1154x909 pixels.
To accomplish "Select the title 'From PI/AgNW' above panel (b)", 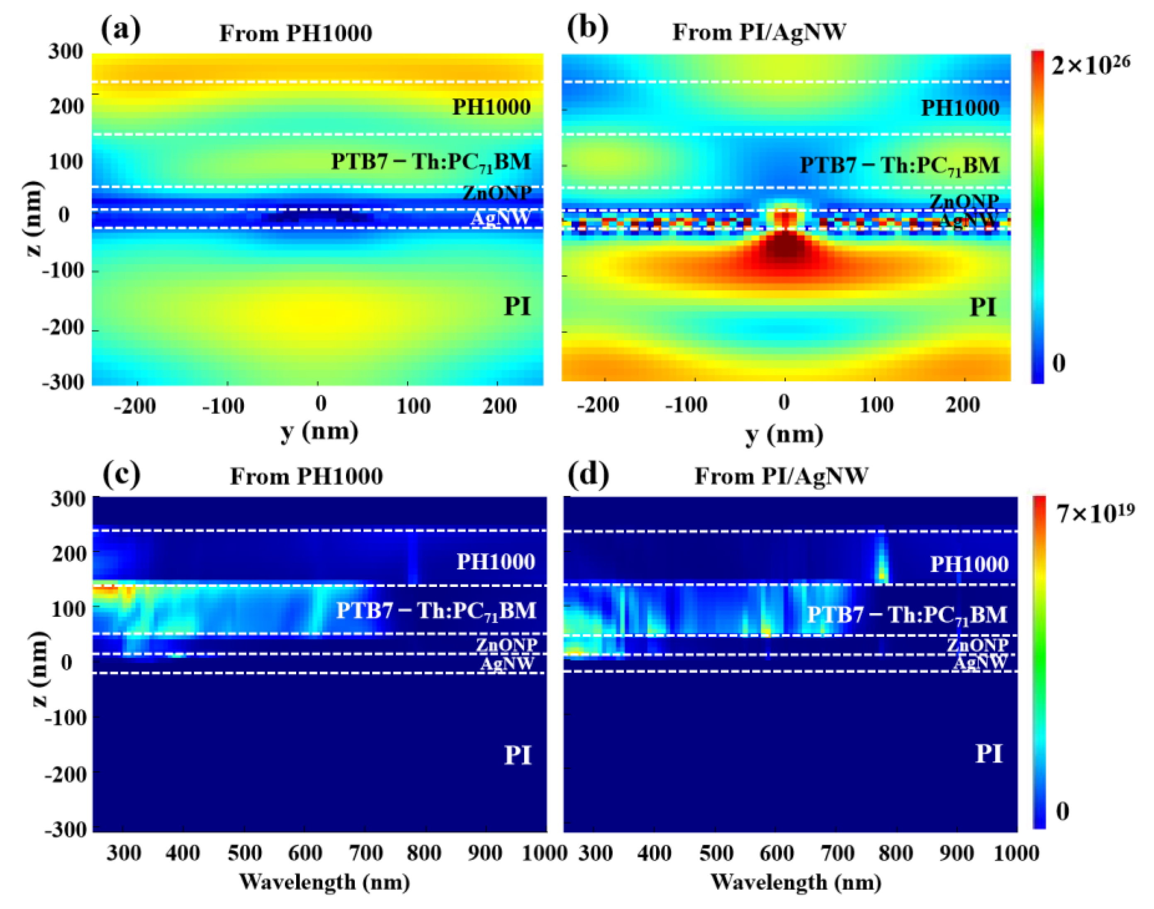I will tap(759, 32).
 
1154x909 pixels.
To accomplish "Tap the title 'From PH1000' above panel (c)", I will tap(306, 476).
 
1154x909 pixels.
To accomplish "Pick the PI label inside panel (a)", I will tap(517, 307).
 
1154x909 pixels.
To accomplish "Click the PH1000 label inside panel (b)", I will tap(960, 108).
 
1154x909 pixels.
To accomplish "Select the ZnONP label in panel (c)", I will tap(506, 645).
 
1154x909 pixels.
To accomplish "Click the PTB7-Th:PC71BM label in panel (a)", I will tap(431, 162).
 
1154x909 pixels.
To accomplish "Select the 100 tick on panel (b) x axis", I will tap(876, 406).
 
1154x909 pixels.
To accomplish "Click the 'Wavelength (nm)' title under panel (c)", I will tap(324, 882).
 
